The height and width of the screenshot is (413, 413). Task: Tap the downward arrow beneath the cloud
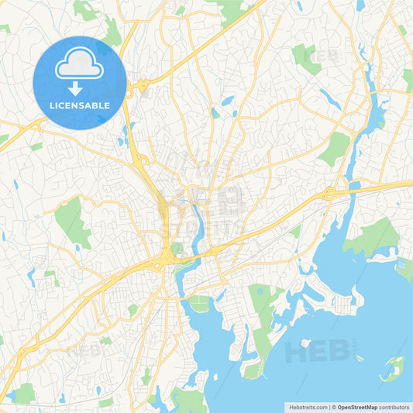(79, 88)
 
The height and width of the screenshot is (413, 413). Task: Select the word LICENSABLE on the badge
(79, 105)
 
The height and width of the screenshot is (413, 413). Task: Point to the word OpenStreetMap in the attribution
(357, 407)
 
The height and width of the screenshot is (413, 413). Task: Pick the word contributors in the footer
(394, 407)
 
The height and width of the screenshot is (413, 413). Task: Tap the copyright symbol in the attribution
(333, 407)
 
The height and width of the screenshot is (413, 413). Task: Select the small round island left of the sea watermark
(305, 342)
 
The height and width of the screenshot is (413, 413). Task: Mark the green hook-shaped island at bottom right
(393, 367)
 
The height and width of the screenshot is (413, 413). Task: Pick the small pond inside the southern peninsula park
(259, 292)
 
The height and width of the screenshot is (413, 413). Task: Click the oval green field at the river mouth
(200, 304)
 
